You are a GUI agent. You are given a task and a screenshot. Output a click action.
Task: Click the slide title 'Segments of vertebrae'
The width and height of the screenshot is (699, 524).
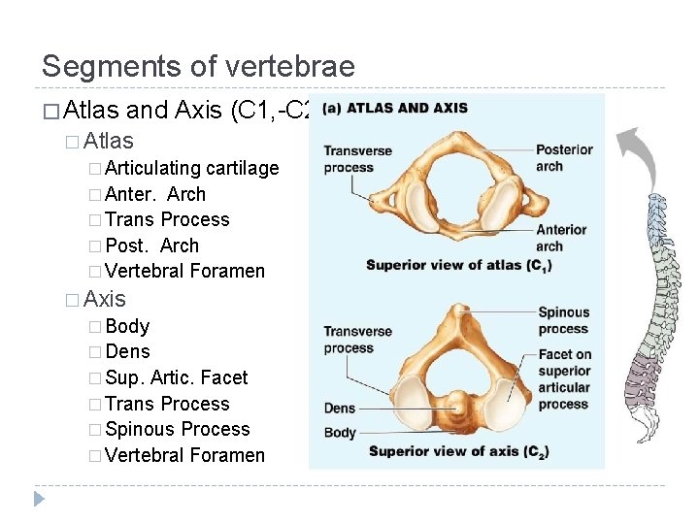(198, 66)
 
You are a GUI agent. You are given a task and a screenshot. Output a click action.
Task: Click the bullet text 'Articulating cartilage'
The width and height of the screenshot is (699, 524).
(191, 168)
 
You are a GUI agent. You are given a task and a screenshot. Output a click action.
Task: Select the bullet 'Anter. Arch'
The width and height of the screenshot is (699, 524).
(155, 194)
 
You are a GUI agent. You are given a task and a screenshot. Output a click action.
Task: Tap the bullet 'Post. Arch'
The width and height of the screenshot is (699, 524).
(151, 246)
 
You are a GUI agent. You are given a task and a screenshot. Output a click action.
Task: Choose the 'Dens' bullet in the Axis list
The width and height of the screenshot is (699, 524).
(127, 351)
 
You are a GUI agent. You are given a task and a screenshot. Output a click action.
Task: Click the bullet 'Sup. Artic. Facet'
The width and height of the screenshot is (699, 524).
(176, 377)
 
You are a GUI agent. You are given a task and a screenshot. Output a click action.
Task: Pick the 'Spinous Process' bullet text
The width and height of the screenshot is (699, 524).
(177, 429)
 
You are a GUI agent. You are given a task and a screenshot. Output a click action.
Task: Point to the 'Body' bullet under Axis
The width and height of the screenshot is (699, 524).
(127, 326)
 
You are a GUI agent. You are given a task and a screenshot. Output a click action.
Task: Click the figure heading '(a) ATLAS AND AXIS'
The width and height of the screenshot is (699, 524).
(394, 108)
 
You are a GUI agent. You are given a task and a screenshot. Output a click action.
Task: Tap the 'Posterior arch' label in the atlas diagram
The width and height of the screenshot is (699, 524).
(564, 157)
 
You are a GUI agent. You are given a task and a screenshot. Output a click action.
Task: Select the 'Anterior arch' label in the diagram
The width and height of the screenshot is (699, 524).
(561, 238)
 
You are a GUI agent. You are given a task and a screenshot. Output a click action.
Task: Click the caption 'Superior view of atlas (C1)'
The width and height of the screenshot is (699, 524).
(457, 265)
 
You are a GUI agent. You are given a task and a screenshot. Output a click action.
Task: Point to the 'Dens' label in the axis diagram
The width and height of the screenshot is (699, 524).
(340, 409)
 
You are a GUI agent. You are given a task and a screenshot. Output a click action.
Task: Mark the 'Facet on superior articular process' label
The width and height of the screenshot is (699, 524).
(564, 379)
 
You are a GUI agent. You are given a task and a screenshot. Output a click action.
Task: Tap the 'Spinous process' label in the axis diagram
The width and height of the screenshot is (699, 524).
(564, 320)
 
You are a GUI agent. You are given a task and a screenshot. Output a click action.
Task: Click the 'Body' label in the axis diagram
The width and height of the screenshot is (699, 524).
(340, 433)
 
